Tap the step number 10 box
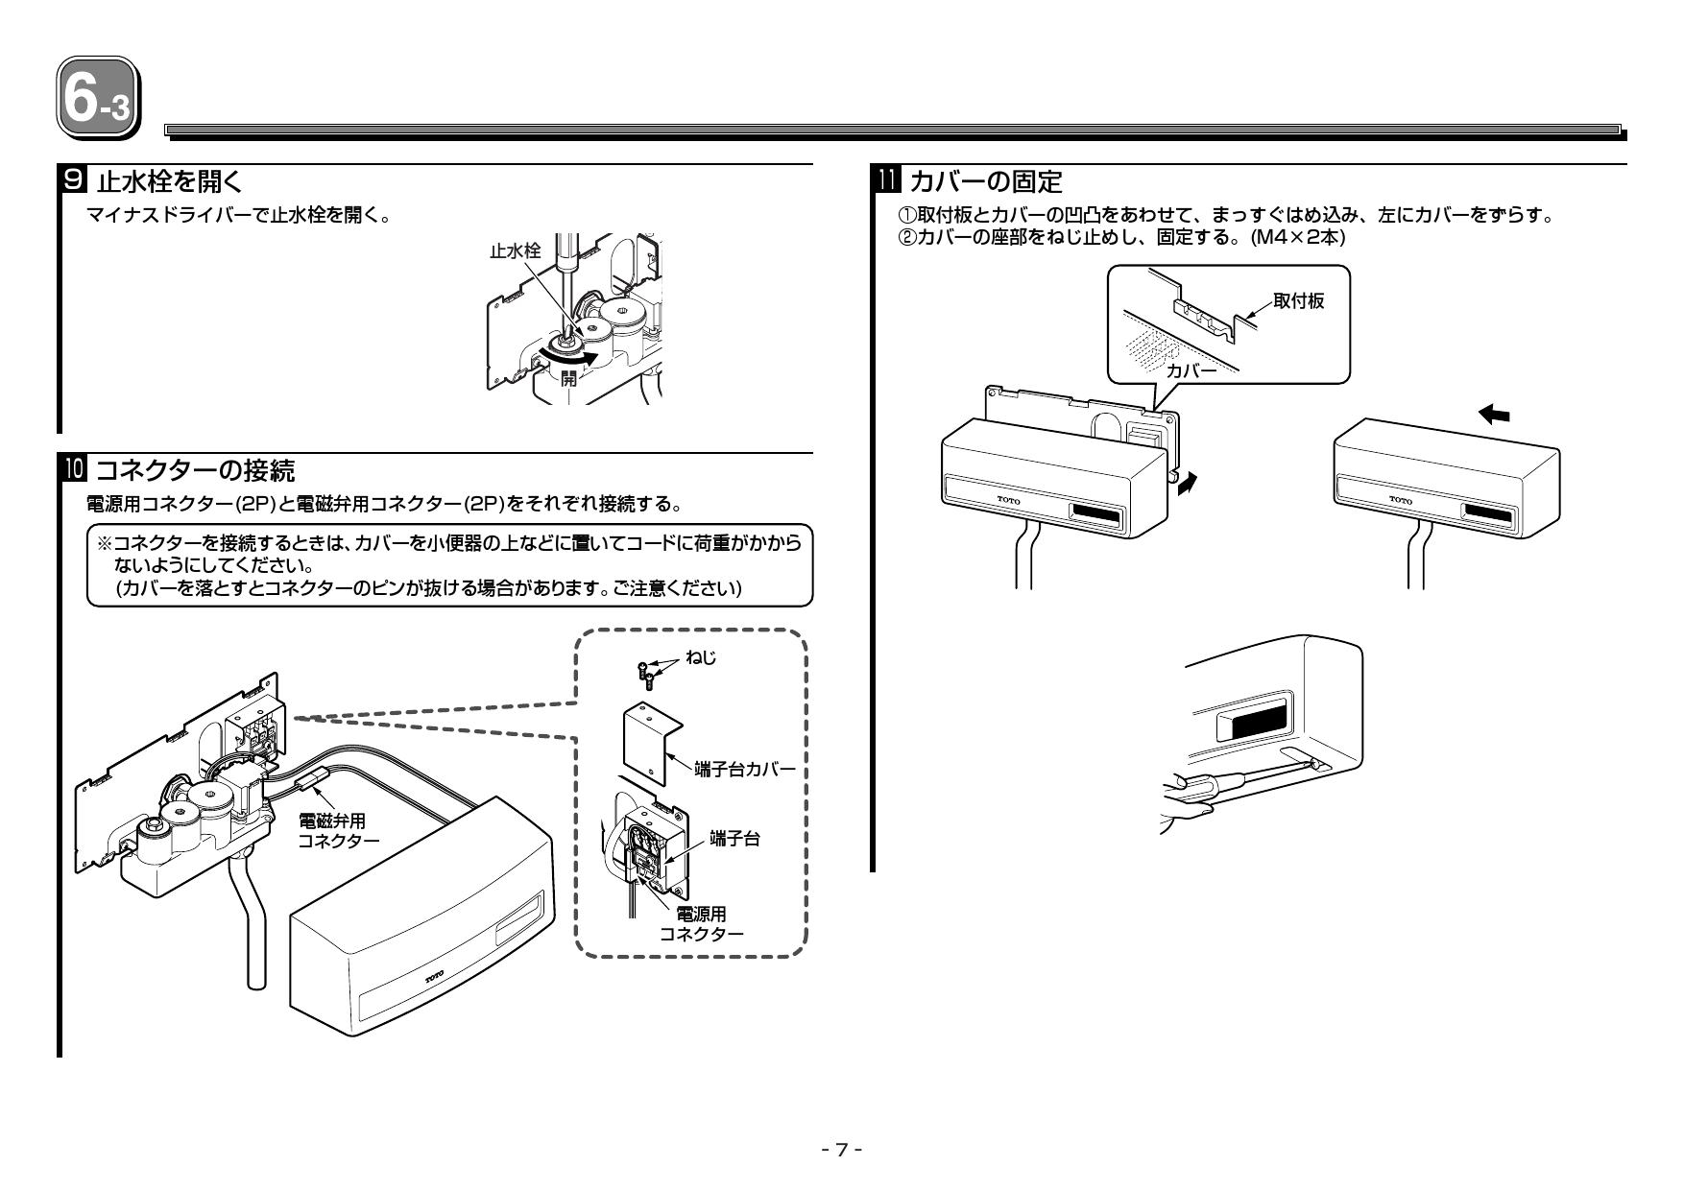73,471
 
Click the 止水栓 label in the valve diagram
515,250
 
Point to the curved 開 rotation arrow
569,358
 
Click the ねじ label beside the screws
701,657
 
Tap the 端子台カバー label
745,770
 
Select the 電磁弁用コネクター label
338,830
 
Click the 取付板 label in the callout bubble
1298,301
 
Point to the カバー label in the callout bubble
1191,369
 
